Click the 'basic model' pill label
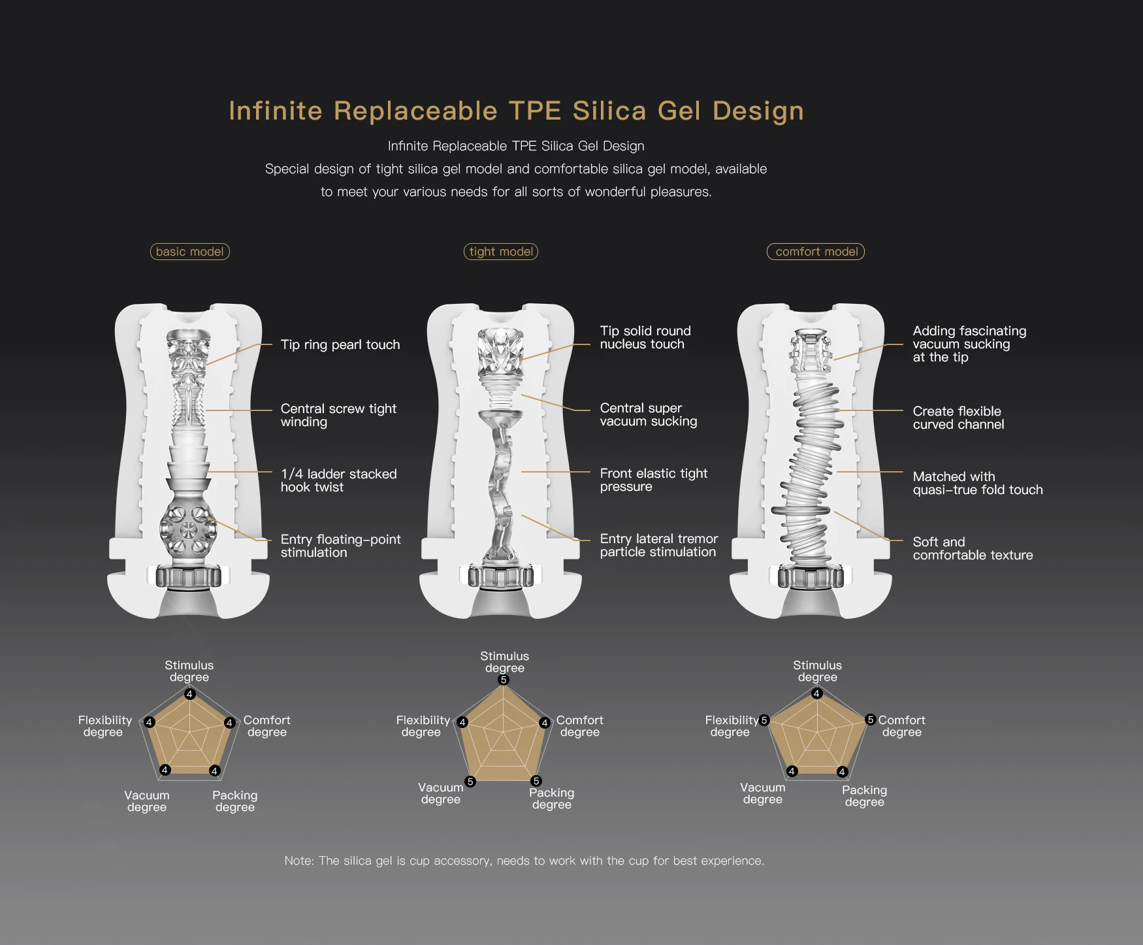tap(189, 252)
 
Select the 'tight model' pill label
tap(501, 252)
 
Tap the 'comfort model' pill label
tap(816, 252)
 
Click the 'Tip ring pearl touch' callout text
tap(340, 344)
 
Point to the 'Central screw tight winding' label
tap(338, 415)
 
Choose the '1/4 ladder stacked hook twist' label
tap(338, 480)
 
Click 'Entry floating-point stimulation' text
tap(340, 546)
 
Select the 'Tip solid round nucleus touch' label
tap(645, 337)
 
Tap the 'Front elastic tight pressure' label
tap(653, 480)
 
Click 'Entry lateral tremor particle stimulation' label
tap(658, 545)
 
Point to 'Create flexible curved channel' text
tap(958, 418)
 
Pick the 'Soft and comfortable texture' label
tap(973, 548)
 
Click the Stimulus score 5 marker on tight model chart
tap(503, 680)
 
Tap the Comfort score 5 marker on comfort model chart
tap(870, 720)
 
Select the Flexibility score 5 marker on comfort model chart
tap(764, 720)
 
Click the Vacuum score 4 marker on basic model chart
tap(165, 770)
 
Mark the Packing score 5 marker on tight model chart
tap(536, 781)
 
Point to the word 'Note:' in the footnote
tap(298, 861)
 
